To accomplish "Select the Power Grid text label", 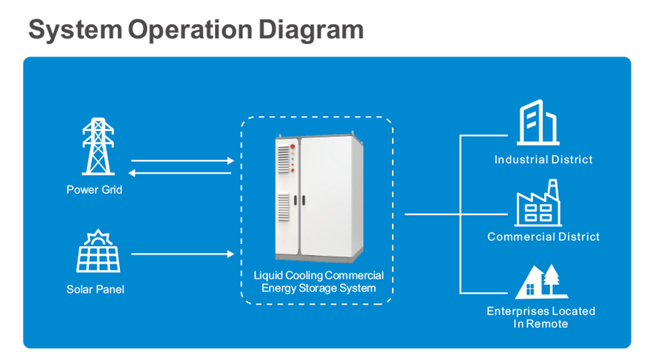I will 94,190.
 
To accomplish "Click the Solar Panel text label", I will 95,289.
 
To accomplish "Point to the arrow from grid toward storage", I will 182,161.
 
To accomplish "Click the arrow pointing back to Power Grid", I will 180,173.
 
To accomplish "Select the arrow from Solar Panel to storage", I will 182,254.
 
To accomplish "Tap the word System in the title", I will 75,30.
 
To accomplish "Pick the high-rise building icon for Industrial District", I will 538,123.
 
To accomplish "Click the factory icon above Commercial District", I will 538,203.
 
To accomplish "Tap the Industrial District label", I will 543,159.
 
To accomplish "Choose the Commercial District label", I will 543,237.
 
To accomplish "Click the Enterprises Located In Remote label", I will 541,317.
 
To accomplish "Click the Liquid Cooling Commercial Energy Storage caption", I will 319,282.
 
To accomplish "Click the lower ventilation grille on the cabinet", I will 283,206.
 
